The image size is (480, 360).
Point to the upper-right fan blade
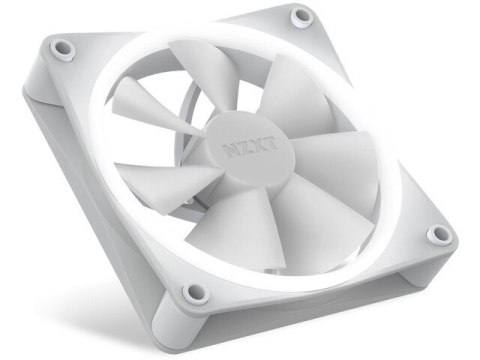coord(290,100)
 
